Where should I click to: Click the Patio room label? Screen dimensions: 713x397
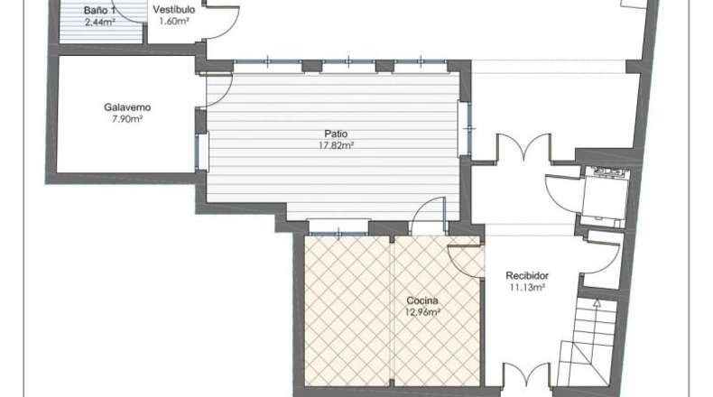click(336, 134)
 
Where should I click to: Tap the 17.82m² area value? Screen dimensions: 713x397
click(336, 145)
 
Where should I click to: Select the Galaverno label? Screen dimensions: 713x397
click(127, 107)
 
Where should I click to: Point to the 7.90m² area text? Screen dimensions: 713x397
click(127, 119)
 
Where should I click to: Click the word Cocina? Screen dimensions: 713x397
click(422, 300)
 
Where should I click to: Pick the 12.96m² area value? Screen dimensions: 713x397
click(422, 312)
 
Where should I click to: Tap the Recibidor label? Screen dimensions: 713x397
click(527, 275)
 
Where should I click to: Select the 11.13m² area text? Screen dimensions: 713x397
click(527, 287)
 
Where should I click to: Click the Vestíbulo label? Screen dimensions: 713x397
click(173, 9)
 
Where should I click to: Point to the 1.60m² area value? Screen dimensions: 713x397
click(173, 21)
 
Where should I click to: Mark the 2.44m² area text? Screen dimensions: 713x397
click(99, 22)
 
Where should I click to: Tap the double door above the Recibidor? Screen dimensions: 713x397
click(524, 147)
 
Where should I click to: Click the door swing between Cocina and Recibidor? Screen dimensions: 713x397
click(466, 261)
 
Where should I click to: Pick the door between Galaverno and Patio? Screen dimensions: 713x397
click(218, 90)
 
